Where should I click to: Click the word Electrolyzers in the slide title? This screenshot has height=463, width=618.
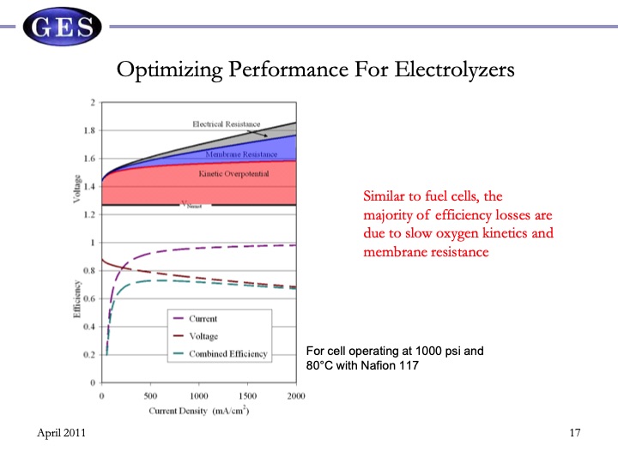click(x=454, y=69)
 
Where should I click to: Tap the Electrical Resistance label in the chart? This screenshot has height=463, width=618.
click(x=226, y=124)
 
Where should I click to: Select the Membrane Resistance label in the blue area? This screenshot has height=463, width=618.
click(x=241, y=154)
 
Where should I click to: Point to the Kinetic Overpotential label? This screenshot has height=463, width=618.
click(x=233, y=174)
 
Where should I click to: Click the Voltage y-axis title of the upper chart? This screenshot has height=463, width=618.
click(x=77, y=189)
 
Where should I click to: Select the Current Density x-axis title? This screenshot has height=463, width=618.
click(x=198, y=412)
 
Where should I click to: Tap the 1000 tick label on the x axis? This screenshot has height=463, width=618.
click(x=199, y=396)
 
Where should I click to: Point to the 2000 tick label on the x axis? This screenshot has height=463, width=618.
click(x=295, y=396)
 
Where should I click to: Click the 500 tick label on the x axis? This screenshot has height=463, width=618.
click(x=150, y=396)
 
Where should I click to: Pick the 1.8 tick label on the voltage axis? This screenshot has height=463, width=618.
click(x=89, y=131)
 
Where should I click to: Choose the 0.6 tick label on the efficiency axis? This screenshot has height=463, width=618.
click(x=89, y=299)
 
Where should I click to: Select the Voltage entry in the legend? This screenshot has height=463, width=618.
click(x=203, y=336)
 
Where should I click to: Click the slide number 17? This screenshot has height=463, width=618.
click(x=575, y=433)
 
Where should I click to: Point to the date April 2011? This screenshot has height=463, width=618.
click(x=62, y=433)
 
